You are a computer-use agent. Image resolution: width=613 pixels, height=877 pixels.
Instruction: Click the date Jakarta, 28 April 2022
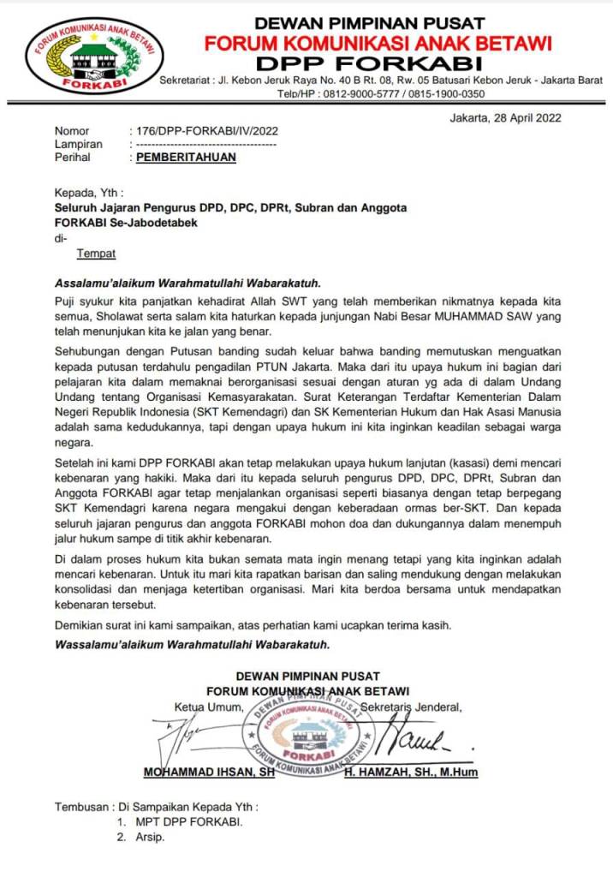[x=505, y=118]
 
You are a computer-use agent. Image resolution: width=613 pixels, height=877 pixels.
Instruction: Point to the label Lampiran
[x=78, y=145]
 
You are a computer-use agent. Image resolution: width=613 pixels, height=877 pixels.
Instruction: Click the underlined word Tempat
[x=96, y=254]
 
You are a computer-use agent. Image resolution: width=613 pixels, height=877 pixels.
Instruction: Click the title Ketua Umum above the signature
[x=209, y=707]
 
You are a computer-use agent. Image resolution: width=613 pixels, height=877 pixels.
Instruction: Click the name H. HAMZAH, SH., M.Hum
[x=411, y=773]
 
